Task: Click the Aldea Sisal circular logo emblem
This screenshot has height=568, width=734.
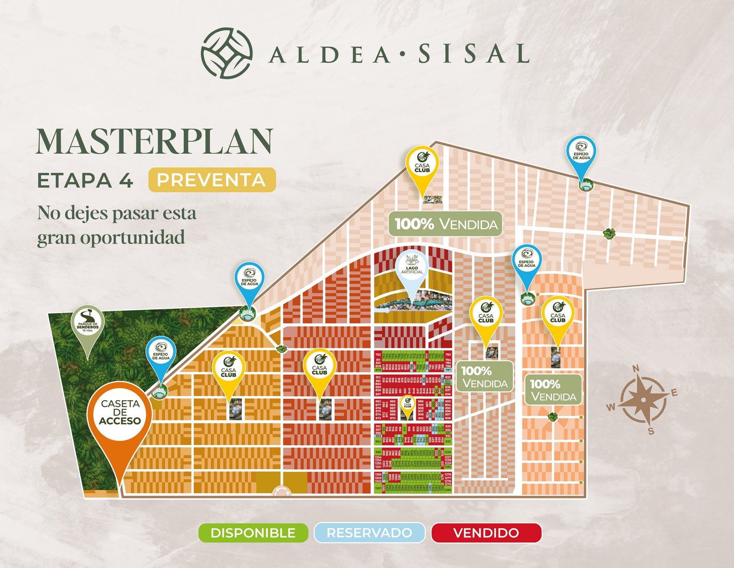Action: [227, 53]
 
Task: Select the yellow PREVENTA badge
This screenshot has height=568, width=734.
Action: [211, 180]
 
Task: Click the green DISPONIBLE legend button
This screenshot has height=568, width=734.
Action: [253, 533]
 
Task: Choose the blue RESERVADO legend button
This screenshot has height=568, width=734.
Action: [369, 533]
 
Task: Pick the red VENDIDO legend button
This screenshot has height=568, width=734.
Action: [486, 533]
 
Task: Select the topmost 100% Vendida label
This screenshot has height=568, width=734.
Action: [445, 224]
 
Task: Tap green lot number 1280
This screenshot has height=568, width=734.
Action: [448, 490]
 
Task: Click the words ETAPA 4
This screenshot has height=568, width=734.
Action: [85, 181]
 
